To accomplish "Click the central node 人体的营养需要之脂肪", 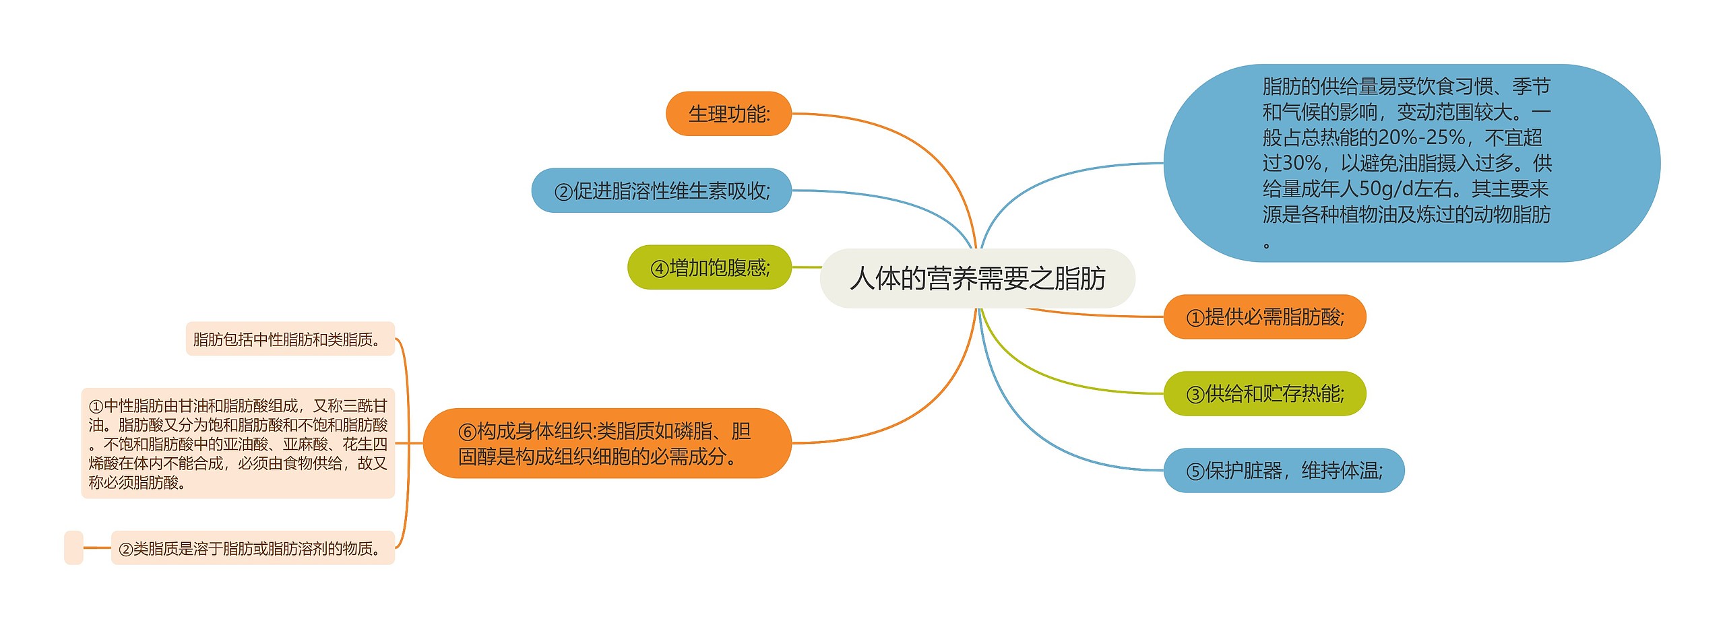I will tap(977, 278).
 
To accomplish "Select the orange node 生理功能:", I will tap(728, 114).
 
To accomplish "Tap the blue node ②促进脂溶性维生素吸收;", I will tap(661, 191).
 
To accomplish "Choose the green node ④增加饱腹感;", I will tap(709, 267).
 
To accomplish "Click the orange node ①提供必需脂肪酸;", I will tap(1264, 317).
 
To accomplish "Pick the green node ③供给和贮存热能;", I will tap(1264, 393).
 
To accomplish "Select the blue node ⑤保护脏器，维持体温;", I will tap(1284, 470).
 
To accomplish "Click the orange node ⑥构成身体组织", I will tap(606, 443).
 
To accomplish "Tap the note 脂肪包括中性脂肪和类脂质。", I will tap(290, 339).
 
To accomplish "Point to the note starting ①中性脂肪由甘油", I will tap(238, 443).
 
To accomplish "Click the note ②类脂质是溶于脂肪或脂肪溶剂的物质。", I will tap(253, 548).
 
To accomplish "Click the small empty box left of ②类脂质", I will tap(73, 548).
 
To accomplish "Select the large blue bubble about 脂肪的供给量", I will tap(1412, 163).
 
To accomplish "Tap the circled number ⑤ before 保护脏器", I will tap(1195, 471).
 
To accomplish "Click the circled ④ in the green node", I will tap(659, 269).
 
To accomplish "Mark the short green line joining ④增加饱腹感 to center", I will tap(806, 267).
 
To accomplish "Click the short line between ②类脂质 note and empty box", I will tap(97, 548).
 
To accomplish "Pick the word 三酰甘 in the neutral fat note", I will tap(365, 405).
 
